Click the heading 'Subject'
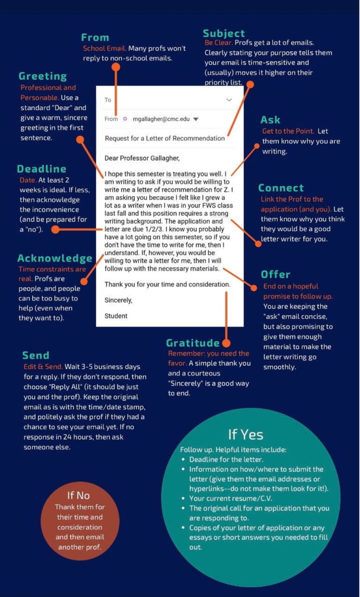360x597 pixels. pos(224,33)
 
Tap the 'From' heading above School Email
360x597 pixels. pos(95,37)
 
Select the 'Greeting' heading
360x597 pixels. pos(42,76)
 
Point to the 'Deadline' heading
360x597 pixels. pos(42,169)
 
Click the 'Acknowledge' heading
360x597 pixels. pos(55,258)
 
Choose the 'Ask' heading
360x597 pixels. pos(270,120)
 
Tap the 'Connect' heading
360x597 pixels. pos(281,188)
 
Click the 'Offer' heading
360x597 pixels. pos(276,274)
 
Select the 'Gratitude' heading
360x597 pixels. pos(193,343)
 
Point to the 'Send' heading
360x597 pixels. pos(36,355)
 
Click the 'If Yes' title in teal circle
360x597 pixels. pos(246,435)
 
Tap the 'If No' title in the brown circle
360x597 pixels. pos(79,495)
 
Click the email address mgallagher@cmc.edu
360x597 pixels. pos(161,119)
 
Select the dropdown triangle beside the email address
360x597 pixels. pos(196,119)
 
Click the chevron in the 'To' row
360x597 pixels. pos(229,100)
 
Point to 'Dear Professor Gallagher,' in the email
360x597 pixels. pos(142,158)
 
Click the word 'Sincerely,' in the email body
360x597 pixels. pos(119,300)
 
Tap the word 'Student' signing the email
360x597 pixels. pos(116,316)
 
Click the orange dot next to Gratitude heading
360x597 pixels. pos(226,343)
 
